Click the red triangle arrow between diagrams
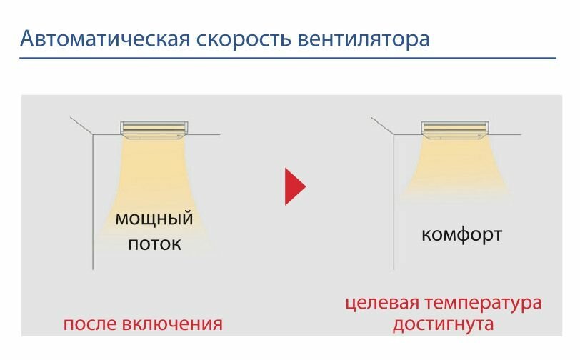[294, 187]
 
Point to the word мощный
[154, 218]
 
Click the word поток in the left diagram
[154, 244]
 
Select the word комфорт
[461, 234]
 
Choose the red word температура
[485, 303]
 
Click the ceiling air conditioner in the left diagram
[154, 127]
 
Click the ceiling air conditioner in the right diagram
[454, 128]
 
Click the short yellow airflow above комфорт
[454, 168]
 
